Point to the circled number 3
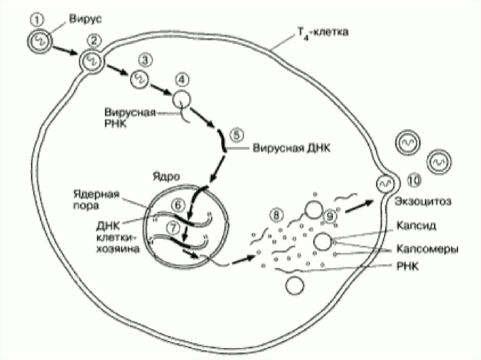click(145, 60)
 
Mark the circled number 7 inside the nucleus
click(173, 227)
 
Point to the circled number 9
click(331, 216)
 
